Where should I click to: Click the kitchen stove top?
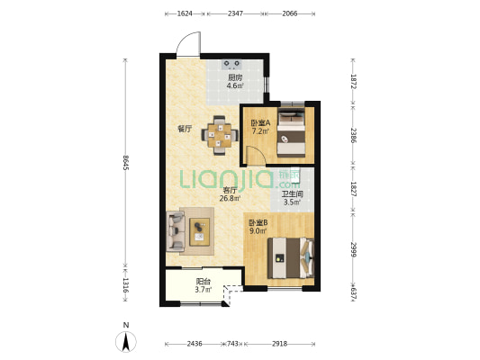click(x=231, y=64)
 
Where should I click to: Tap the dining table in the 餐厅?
click(x=220, y=135)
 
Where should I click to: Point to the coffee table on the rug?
click(x=200, y=232)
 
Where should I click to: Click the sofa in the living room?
click(x=176, y=231)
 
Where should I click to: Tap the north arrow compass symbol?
click(x=126, y=341)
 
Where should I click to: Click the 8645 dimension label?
click(x=125, y=163)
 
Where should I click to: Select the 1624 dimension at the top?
click(x=185, y=13)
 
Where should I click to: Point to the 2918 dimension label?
click(x=279, y=344)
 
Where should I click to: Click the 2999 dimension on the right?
click(x=353, y=249)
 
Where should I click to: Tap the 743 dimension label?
click(x=232, y=344)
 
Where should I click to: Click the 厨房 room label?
click(x=235, y=78)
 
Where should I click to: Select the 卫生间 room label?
click(x=292, y=193)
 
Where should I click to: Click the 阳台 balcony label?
click(x=203, y=282)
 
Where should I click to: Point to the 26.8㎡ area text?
click(x=230, y=198)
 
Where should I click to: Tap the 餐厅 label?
click(x=185, y=129)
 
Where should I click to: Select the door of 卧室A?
click(x=256, y=156)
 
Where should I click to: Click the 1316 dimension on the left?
click(x=125, y=285)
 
